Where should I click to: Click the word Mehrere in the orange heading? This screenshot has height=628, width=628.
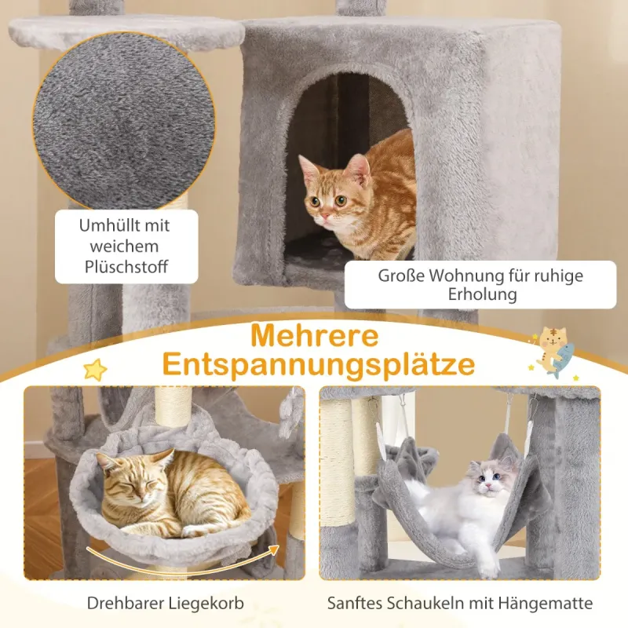pos(315,336)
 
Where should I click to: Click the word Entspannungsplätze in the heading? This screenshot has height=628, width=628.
pos(319,365)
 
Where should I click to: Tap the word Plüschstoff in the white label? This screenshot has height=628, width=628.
pos(126,267)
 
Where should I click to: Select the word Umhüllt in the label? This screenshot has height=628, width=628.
pos(106,225)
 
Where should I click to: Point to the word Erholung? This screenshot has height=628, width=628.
pos(482,295)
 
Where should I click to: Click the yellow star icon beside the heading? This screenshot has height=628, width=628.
pos(95,369)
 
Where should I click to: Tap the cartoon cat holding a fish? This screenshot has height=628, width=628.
pos(553,352)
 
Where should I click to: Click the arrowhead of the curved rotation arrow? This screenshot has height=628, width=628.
pos(274,549)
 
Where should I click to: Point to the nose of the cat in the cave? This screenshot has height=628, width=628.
pos(325,217)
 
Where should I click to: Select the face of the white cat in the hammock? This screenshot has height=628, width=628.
pos(489,480)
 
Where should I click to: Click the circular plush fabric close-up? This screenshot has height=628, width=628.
pos(124,121)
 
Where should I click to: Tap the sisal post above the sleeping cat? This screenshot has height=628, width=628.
pos(173,407)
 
